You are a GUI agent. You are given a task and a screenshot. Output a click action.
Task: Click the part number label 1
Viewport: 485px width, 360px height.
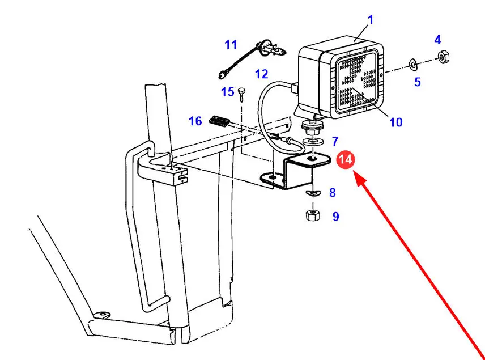pos(371,20)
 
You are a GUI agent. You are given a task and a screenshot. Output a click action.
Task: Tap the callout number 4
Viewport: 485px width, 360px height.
pos(437,40)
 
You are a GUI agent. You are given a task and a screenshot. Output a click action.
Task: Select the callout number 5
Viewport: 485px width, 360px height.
pos(417,82)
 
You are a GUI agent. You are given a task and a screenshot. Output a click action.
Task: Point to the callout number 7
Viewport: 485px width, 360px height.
pos(335,141)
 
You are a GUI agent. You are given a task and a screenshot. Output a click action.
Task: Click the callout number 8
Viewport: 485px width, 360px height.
pos(332,193)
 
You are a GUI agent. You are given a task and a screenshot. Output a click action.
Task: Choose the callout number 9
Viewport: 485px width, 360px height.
pos(335,216)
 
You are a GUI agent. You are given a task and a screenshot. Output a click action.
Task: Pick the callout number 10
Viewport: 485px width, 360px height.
pos(395,122)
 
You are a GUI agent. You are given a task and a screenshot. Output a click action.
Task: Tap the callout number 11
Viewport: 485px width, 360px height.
pos(231,44)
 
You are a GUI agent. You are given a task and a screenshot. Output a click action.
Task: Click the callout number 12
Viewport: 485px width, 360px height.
pos(261,74)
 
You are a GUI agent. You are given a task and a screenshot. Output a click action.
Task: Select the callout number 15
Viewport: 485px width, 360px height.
pos(227,92)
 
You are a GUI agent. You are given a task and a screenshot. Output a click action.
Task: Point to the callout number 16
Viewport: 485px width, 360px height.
pos(195,121)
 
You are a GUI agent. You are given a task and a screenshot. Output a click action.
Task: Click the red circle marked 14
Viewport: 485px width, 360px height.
pos(345,160)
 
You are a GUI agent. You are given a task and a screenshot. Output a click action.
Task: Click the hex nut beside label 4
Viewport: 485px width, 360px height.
pos(443,57)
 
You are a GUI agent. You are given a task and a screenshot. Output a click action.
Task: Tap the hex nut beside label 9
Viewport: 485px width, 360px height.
pos(310,215)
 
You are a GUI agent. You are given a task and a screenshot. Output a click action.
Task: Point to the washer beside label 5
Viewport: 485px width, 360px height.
pos(412,62)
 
